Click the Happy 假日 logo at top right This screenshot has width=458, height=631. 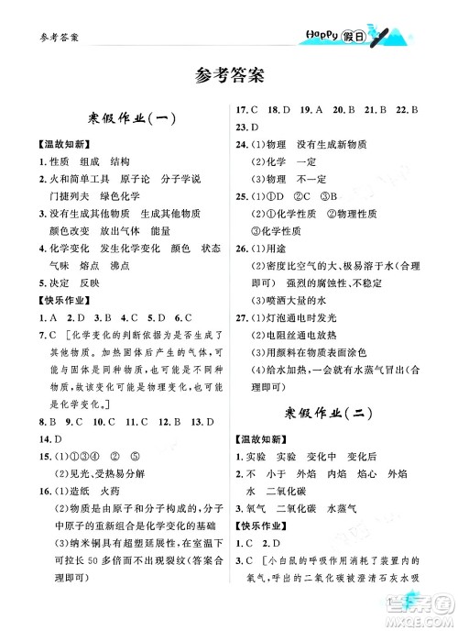[x=349, y=36]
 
